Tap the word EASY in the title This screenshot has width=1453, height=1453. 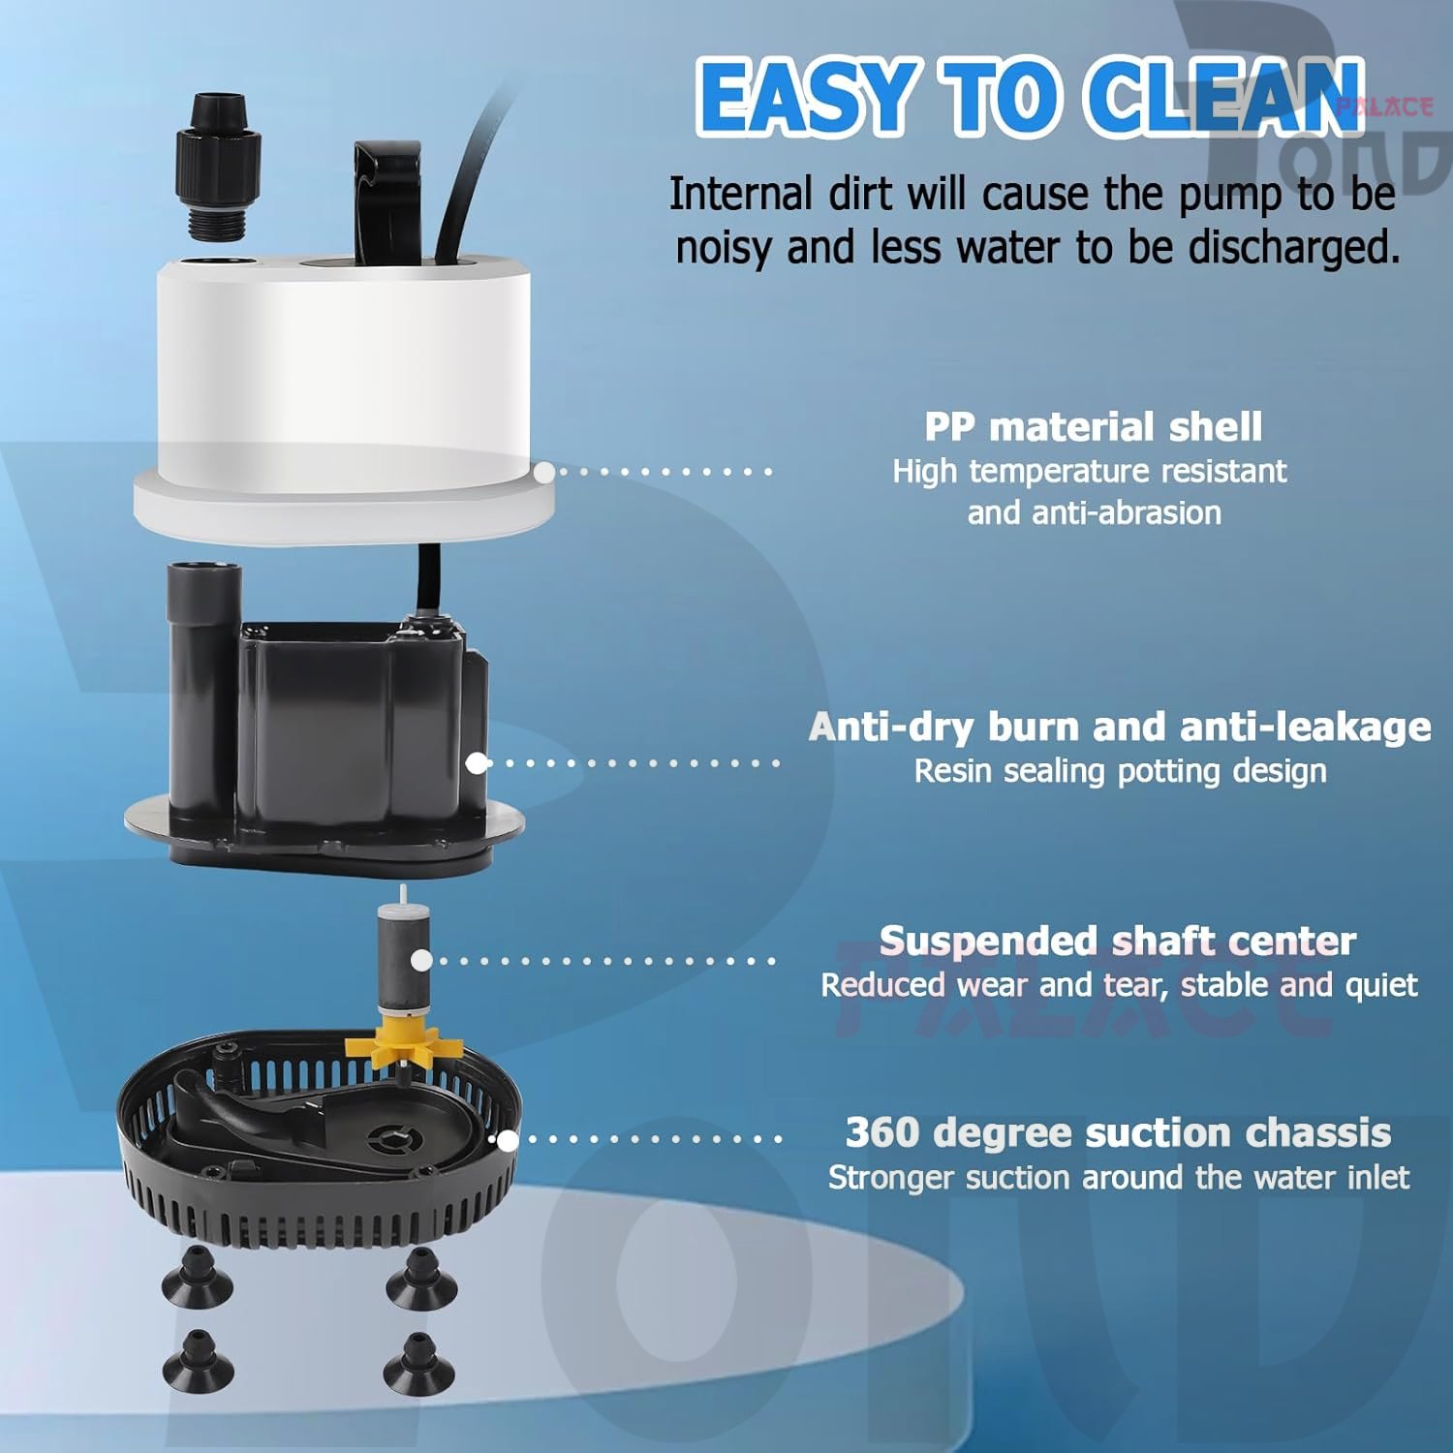(808, 96)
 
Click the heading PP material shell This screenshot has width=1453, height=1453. (1093, 426)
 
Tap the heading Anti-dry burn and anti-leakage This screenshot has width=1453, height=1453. (1120, 726)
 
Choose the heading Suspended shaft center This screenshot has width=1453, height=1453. (1118, 941)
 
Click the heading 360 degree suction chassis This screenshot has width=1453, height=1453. (1118, 1132)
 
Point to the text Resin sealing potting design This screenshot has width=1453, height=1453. (1120, 771)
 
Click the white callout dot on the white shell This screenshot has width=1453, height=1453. (545, 472)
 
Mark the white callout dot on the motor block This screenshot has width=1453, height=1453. (477, 763)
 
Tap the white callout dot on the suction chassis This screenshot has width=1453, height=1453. (507, 1140)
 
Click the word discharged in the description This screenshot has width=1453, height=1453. (1293, 247)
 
